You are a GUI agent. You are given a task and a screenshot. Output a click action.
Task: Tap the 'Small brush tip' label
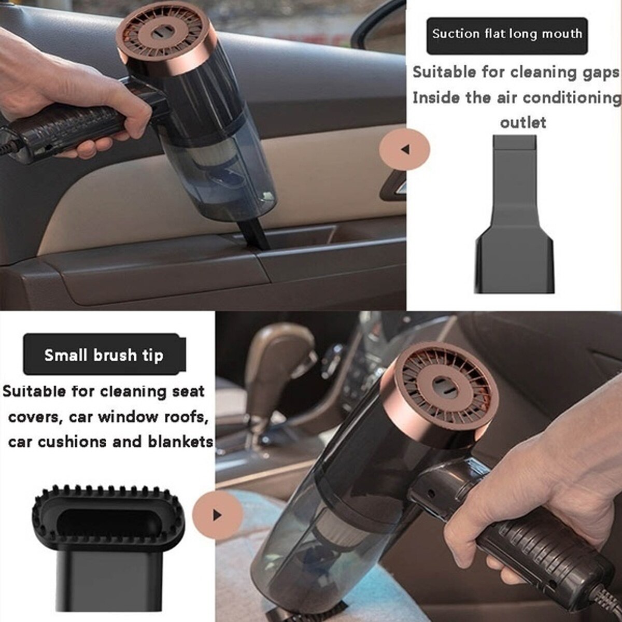point(104,355)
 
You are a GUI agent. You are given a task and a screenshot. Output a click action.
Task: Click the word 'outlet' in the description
point(523,123)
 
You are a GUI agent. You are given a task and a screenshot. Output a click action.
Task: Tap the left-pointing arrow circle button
point(405,149)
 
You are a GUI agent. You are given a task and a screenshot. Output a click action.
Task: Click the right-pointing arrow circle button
point(217,515)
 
